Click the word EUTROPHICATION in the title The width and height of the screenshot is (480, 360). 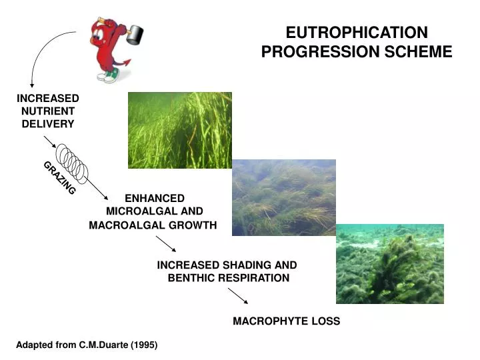click(x=357, y=33)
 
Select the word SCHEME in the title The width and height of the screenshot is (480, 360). click(x=419, y=52)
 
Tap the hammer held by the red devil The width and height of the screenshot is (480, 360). click(x=136, y=33)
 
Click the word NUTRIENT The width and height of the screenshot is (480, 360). click(x=47, y=111)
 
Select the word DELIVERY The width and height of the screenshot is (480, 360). click(x=47, y=123)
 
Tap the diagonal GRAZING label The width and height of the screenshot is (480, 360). click(x=60, y=178)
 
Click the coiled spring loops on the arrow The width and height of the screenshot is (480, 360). click(x=72, y=162)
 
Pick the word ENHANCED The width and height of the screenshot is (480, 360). click(x=155, y=198)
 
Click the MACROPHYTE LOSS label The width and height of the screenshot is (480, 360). click(x=286, y=321)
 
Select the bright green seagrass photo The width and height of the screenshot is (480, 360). click(x=179, y=129)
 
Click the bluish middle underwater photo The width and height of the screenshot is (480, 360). click(x=283, y=197)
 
